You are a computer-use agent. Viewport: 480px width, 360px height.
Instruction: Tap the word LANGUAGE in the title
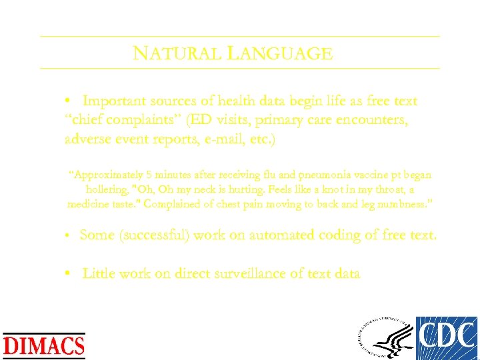point(279,53)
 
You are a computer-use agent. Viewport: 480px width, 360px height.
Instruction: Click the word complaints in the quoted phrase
point(140,121)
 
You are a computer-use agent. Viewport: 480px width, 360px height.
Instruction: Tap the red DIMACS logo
point(44,345)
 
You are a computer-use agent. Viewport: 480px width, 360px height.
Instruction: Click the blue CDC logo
point(446,338)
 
